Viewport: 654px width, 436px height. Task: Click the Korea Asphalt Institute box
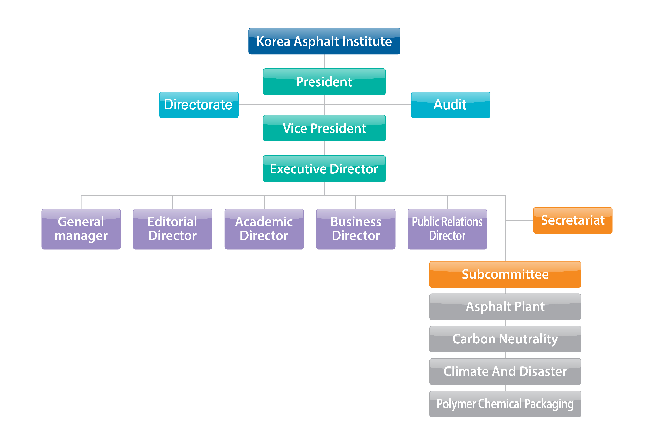click(324, 41)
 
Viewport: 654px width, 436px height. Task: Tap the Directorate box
click(199, 105)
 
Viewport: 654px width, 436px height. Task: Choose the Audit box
click(450, 105)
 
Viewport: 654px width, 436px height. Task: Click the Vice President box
click(324, 128)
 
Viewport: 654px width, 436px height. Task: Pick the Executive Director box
click(324, 168)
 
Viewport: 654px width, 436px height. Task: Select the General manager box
click(81, 229)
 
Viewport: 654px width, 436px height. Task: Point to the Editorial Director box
click(172, 229)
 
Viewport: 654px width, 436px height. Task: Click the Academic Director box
click(264, 229)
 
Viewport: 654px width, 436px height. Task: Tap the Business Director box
click(356, 229)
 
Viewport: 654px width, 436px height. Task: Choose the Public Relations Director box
click(447, 229)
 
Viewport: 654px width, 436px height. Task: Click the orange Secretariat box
click(573, 220)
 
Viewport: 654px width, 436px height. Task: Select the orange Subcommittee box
click(505, 274)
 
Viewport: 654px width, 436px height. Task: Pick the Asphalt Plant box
click(505, 307)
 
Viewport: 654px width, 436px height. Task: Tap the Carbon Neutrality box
click(505, 339)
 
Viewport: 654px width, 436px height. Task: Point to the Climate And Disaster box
click(505, 371)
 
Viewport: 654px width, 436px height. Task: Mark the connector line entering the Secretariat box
click(519, 220)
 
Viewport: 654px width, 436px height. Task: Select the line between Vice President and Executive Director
click(324, 148)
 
